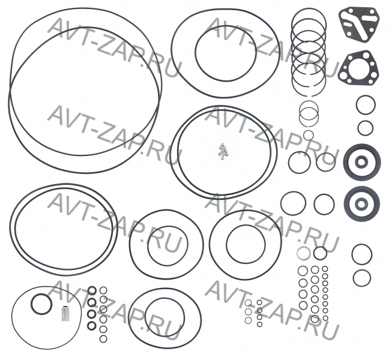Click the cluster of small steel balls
click(x=223, y=151)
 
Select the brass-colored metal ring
click(x=304, y=253)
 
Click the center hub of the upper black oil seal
click(x=361, y=162)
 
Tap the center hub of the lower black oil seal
click(x=361, y=204)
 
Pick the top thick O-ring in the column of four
click(x=92, y=290)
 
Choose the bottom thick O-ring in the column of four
click(x=91, y=325)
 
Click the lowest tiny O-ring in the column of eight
click(x=325, y=318)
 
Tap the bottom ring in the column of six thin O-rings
click(x=103, y=338)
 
